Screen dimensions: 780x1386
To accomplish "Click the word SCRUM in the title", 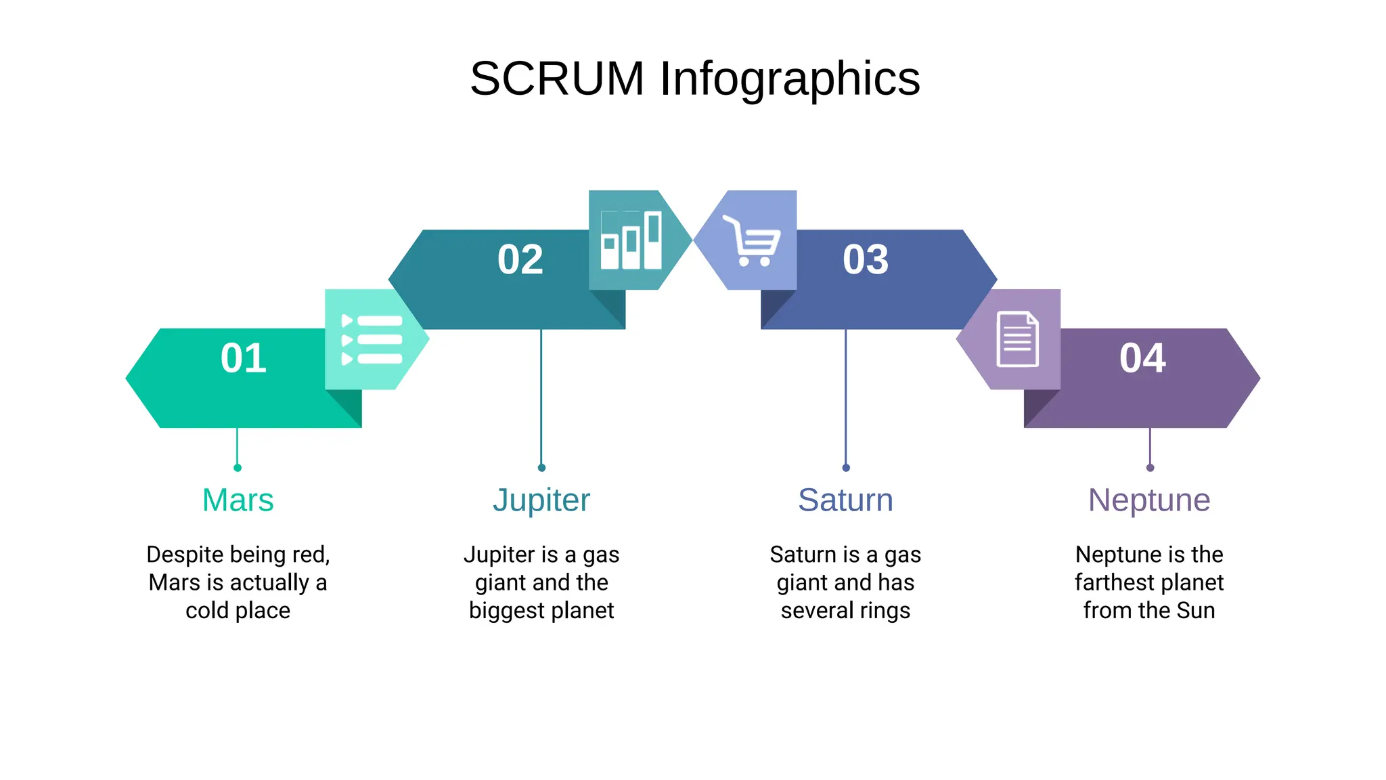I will (557, 79).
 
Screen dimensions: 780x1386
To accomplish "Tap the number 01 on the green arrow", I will (243, 357).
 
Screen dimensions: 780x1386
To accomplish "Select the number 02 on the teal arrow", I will (520, 259).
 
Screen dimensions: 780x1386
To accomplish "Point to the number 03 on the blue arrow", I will (866, 259).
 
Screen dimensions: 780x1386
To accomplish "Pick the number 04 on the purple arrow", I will (1142, 357).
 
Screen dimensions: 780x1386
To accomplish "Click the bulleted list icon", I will (372, 340).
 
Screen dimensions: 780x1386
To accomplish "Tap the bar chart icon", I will (631, 240).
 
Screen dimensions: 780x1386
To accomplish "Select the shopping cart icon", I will (753, 240).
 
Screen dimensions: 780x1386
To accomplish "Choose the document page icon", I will (1017, 339).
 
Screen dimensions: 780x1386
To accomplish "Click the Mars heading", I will (238, 500).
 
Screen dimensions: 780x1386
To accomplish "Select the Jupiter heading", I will (541, 500).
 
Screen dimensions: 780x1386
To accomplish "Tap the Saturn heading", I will (845, 500).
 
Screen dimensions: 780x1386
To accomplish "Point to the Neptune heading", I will (1149, 500).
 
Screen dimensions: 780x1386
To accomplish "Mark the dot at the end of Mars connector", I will (238, 468).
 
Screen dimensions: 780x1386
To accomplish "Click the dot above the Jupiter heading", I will (541, 468).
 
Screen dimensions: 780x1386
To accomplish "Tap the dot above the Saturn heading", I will (846, 468).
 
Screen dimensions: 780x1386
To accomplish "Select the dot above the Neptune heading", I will (1150, 468).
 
